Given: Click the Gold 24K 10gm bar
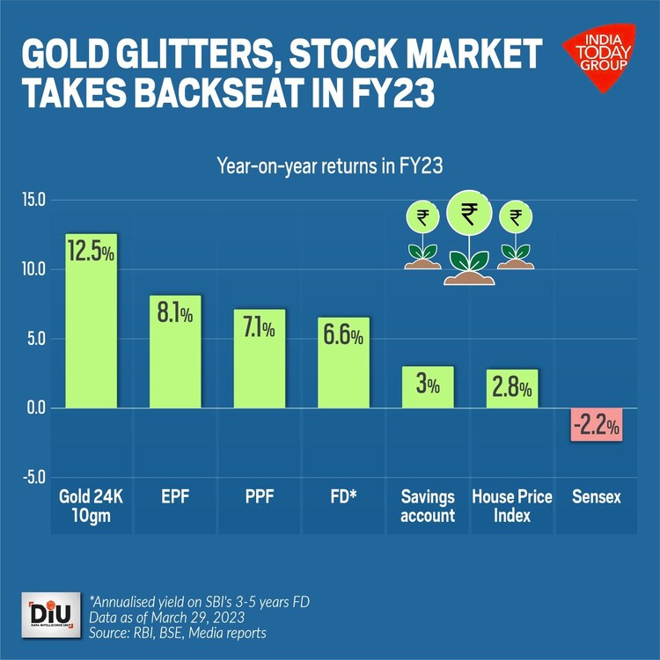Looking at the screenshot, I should click(x=92, y=320).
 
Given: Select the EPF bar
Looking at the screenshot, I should click(x=175, y=352).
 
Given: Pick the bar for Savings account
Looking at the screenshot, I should click(x=428, y=387).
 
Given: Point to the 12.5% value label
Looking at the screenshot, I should click(x=92, y=253).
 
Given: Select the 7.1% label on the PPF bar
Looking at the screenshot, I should click(x=259, y=328).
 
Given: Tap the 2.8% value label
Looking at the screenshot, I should click(x=512, y=387).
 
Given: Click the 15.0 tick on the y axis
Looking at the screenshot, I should click(x=33, y=201).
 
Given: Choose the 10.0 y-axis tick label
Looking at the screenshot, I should click(x=33, y=269).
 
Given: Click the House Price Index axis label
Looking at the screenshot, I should click(x=512, y=506).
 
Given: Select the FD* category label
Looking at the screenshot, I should click(x=343, y=497).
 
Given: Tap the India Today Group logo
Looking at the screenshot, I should click(x=598, y=60).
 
